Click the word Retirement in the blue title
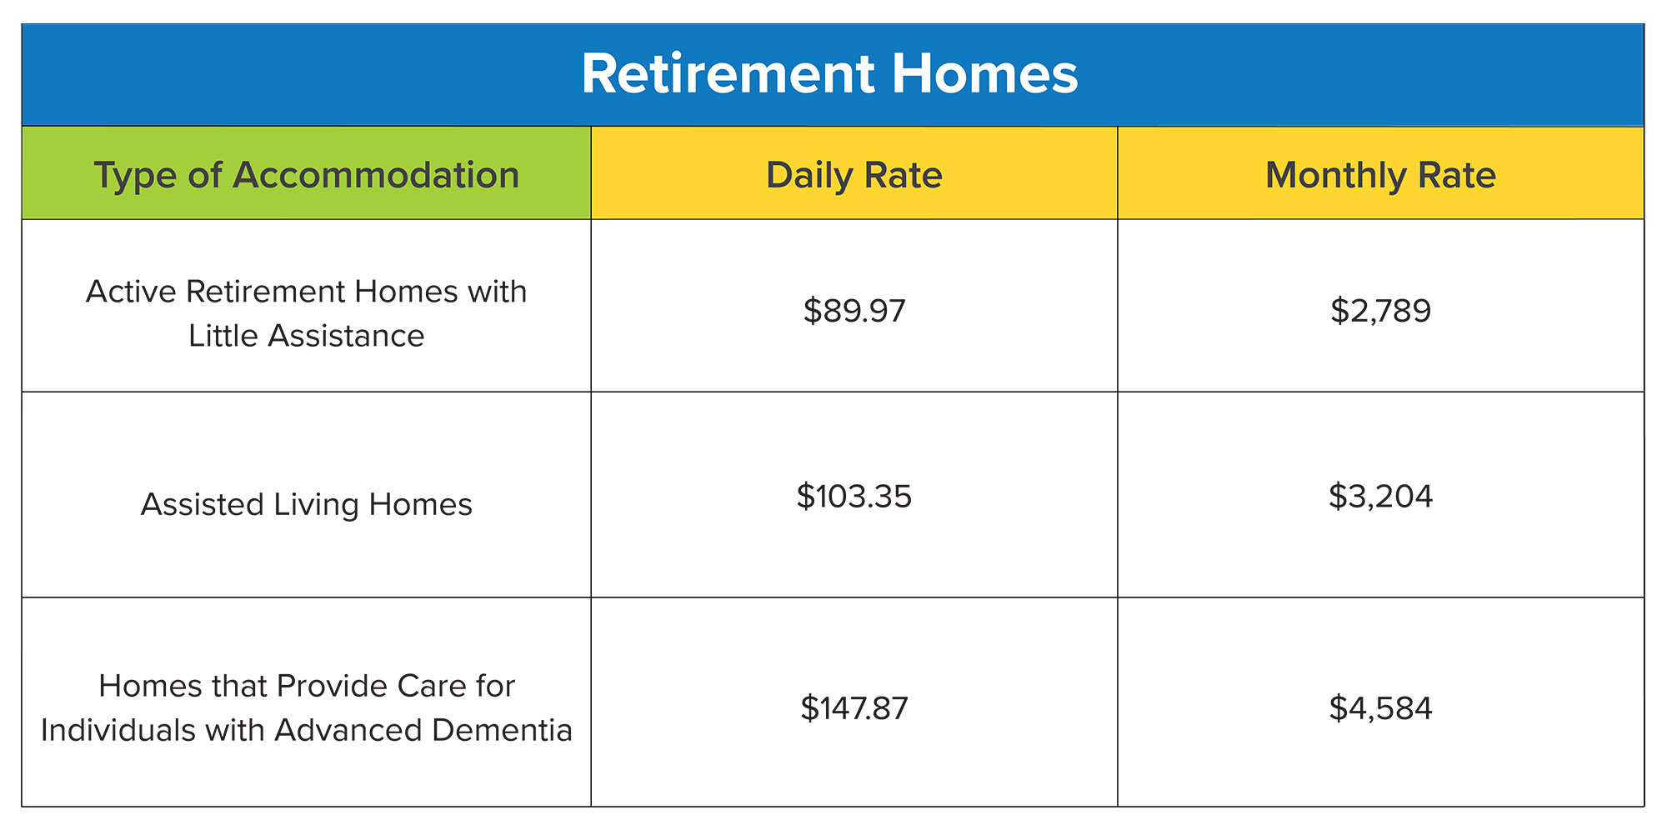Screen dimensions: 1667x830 (728, 74)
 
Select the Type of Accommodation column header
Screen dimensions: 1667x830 (307, 176)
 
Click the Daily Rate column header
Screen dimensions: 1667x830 (854, 175)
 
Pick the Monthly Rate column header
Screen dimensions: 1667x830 (1381, 176)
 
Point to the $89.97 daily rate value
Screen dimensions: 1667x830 (854, 311)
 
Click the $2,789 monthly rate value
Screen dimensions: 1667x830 (1381, 311)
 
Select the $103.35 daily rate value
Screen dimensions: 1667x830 (854, 496)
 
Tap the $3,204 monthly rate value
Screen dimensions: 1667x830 (1381, 496)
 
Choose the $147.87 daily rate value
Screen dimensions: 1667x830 (854, 708)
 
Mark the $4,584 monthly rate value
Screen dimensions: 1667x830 (1381, 708)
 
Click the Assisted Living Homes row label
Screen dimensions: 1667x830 (307, 505)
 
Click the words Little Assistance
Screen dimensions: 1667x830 (307, 336)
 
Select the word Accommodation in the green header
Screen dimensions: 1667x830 (376, 175)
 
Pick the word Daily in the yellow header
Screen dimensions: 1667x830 (809, 176)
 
